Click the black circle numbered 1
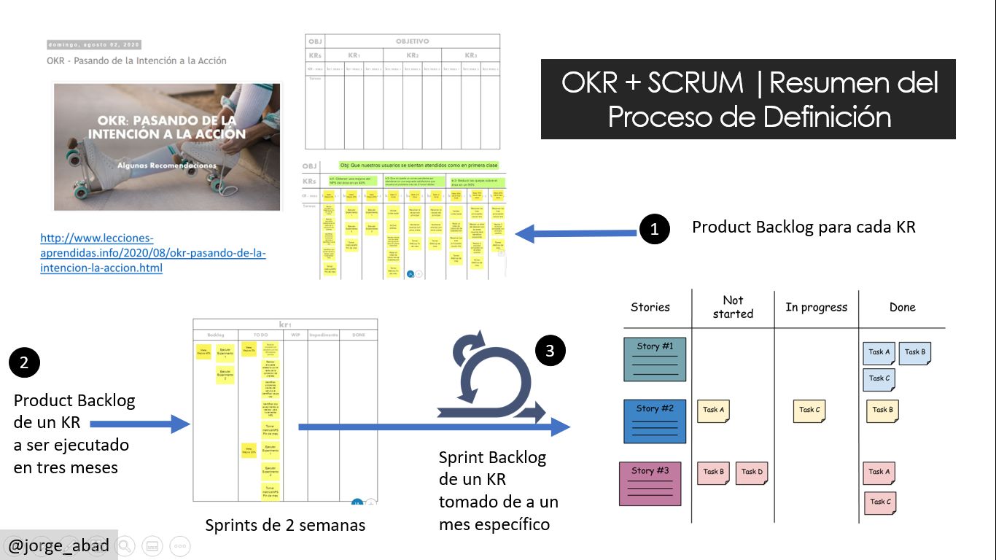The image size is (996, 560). tap(654, 229)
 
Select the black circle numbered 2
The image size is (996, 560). tap(24, 362)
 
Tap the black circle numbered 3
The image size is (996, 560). tap(550, 351)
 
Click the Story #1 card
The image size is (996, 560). tap(655, 359)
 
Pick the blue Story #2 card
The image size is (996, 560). tap(655, 421)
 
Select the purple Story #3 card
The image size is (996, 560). tap(650, 483)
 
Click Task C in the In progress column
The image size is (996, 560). tap(809, 410)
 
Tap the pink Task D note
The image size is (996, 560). tap(752, 472)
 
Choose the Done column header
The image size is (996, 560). tap(902, 307)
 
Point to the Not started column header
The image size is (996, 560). tap(733, 307)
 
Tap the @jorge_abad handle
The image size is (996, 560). tap(58, 545)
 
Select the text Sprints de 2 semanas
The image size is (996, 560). tap(285, 525)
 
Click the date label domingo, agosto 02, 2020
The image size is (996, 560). tap(94, 44)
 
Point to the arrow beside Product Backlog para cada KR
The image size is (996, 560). tap(575, 233)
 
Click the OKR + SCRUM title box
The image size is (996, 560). tap(748, 99)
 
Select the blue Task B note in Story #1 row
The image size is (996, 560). tap(914, 352)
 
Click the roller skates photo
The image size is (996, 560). tap(167, 147)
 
